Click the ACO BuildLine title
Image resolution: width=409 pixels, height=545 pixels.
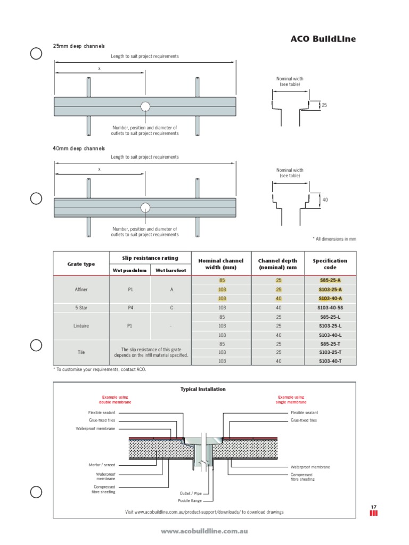click(323, 39)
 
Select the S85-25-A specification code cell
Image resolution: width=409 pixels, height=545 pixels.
click(330, 280)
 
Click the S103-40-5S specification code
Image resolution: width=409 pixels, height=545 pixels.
click(330, 308)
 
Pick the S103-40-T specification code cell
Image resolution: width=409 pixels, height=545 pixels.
click(330, 361)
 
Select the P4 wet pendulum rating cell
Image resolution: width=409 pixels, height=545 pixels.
click(130, 308)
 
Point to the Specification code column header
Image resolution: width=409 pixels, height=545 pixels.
click(330, 264)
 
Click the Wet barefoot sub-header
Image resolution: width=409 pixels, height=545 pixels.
click(170, 270)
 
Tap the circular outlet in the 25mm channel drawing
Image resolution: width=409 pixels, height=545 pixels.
click(145, 106)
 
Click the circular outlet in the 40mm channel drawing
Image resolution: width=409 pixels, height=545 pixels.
click(145, 207)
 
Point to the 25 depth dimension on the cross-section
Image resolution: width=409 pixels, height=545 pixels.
click(324, 105)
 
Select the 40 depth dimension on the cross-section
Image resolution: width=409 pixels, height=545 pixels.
click(325, 200)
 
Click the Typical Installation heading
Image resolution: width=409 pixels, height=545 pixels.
click(203, 389)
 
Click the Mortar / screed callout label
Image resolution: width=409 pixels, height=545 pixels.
click(102, 465)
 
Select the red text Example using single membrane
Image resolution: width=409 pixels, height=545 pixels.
click(291, 400)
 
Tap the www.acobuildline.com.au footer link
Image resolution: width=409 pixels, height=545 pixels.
click(204, 531)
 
